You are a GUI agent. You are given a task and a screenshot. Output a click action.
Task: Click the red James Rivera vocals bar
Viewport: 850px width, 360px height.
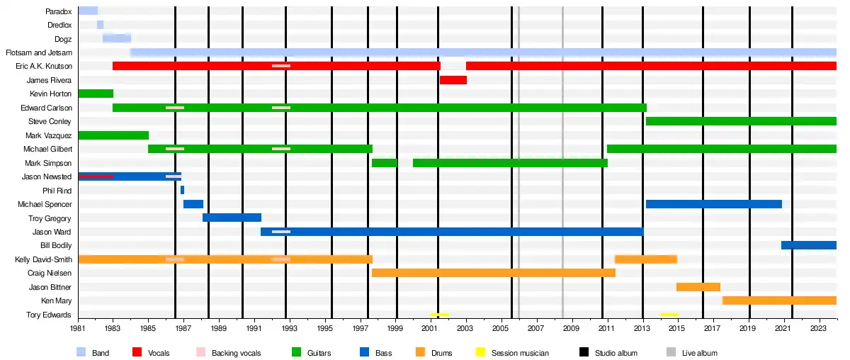[x=453, y=80]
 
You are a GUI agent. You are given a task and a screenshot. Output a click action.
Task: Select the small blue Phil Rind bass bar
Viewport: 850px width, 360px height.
[x=182, y=190]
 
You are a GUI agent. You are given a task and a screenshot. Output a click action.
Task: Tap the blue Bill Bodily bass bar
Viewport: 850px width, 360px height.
[x=808, y=245]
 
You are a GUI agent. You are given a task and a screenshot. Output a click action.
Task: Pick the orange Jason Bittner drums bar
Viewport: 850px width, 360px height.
[x=698, y=287]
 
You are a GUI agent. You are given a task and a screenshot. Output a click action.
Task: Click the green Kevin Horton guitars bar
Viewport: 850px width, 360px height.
[x=96, y=94]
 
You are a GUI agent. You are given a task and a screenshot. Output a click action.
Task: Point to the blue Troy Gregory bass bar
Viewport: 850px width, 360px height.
[x=232, y=218]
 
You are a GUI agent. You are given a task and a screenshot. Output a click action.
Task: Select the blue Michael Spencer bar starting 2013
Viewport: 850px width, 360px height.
[x=713, y=204]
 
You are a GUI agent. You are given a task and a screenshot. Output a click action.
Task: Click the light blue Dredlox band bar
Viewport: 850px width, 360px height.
[x=100, y=25]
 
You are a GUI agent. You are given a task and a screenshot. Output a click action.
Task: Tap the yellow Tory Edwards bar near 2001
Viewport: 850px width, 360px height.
[x=439, y=314]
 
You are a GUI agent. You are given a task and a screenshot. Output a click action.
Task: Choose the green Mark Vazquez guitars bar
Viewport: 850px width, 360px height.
[x=113, y=135]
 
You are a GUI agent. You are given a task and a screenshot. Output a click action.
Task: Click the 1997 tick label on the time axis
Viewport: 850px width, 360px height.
[x=361, y=329]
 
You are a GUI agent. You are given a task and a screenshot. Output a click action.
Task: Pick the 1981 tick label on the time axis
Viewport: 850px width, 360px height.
[x=79, y=329]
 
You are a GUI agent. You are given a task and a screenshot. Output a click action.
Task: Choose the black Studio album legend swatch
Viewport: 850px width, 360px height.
[x=584, y=352]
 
